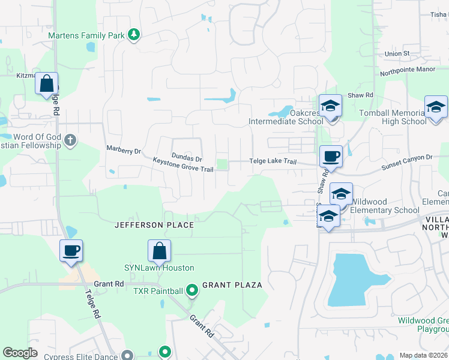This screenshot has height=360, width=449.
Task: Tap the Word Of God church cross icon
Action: pos(70,140)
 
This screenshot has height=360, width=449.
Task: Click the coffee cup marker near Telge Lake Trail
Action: pos(331,157)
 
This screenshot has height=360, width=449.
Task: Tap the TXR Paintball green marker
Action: pos(192,292)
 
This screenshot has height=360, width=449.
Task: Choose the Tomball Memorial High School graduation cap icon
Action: pos(436,107)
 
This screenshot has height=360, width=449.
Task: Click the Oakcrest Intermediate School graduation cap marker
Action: pos(330,106)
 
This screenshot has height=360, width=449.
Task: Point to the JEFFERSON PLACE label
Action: pos(154,225)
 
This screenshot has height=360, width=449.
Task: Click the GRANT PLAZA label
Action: pos(232,285)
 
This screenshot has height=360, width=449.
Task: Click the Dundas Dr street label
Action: pos(187,157)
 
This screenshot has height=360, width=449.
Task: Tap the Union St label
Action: pos(397,53)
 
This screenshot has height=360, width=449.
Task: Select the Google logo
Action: pos(20,353)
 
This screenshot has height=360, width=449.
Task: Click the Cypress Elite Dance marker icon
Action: pos(127,356)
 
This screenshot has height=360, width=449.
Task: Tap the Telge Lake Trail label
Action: pos(273,161)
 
